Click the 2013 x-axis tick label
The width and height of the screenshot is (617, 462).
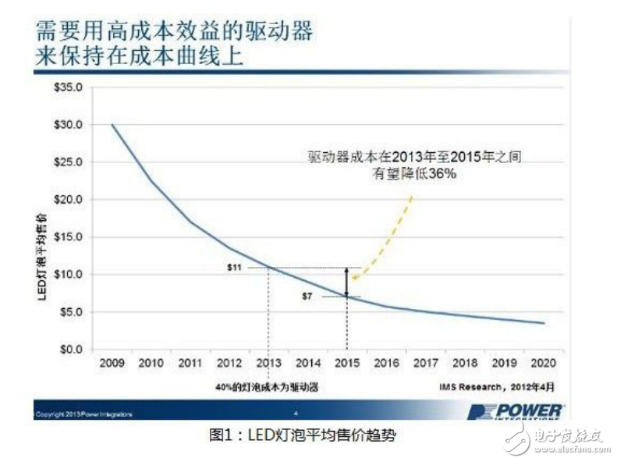268,364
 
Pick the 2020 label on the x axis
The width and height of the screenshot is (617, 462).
543,364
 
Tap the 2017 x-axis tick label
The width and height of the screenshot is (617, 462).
425,364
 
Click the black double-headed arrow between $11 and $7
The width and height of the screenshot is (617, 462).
347,282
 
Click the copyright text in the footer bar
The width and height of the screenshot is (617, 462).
83,414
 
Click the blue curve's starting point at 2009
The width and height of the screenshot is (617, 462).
112,125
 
